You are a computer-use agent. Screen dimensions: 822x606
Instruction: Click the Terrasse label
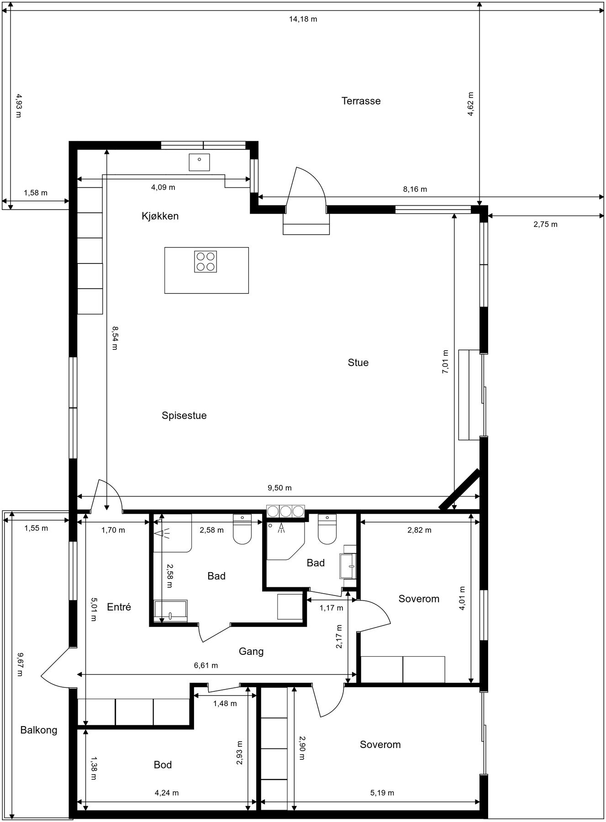tap(361, 101)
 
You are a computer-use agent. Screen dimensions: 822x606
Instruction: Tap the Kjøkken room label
tap(160, 216)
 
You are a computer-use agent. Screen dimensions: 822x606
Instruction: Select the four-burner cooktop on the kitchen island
tap(206, 262)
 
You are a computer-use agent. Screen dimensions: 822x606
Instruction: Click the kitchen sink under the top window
tap(200, 162)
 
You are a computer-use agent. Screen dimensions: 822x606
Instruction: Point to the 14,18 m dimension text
tap(303, 19)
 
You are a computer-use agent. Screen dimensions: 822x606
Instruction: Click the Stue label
tap(358, 363)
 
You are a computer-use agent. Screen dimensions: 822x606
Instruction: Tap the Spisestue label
tap(184, 416)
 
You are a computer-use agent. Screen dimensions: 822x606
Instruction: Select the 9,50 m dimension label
tap(279, 488)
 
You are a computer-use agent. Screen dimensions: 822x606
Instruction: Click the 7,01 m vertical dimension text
tap(445, 362)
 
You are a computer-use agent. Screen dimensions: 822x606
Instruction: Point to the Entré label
tap(119, 607)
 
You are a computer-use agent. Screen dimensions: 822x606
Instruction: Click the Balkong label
tap(39, 730)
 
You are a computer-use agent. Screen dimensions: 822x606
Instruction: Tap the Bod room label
tap(163, 764)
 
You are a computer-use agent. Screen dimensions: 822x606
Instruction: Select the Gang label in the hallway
tap(251, 651)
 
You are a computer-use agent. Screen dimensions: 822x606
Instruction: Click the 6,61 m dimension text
tap(206, 665)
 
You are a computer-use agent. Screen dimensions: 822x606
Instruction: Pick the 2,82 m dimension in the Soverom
tap(419, 530)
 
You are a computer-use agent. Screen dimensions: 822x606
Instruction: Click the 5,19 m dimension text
tap(382, 793)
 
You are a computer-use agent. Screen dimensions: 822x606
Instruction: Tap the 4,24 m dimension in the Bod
tap(167, 793)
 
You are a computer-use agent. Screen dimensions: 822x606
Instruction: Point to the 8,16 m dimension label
tap(415, 189)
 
